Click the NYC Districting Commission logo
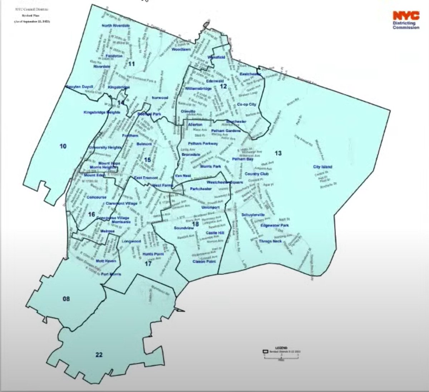[406, 20]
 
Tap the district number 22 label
[99, 355]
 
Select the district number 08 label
[66, 298]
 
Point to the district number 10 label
[63, 146]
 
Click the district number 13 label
[278, 153]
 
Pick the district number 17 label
[148, 264]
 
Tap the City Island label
[322, 167]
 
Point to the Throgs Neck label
[270, 242]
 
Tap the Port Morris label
[111, 274]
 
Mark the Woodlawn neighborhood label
[181, 50]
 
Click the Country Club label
[256, 174]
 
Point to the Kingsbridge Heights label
[102, 112]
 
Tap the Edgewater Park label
[275, 225]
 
